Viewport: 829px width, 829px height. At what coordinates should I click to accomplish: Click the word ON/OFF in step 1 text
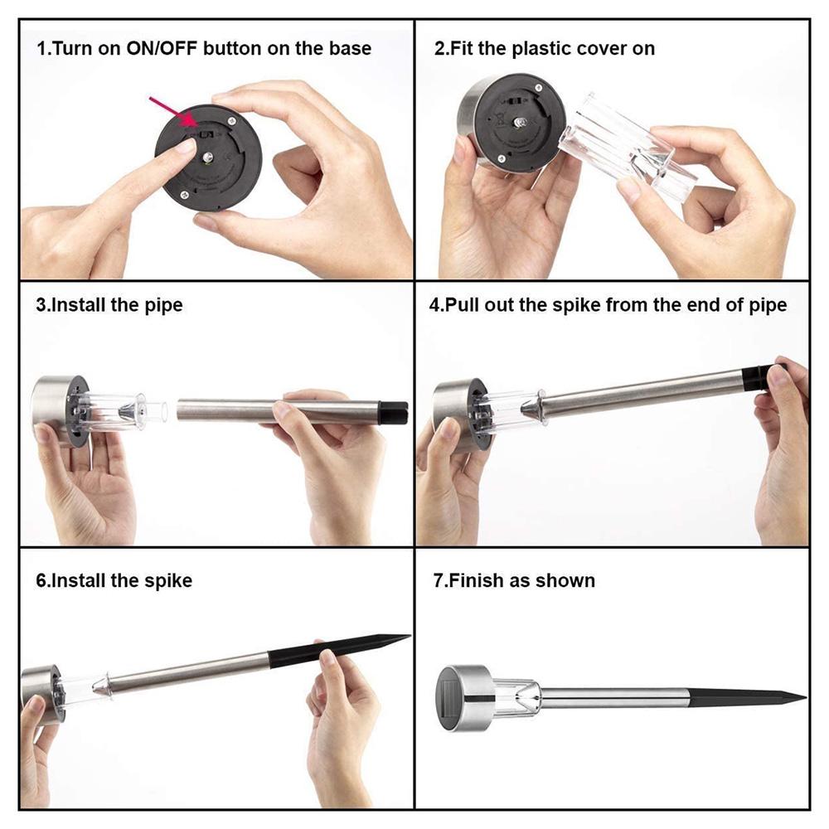point(162,49)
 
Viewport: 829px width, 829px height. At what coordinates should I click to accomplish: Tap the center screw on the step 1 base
point(208,157)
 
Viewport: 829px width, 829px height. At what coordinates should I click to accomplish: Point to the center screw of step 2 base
point(520,122)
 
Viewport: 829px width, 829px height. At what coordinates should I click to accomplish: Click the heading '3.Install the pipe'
point(109,305)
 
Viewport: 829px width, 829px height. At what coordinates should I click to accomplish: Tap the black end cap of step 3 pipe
point(393,412)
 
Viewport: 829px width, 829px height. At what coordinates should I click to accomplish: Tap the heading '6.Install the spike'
point(114,580)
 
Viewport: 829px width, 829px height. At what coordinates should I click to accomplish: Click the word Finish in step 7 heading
point(477,580)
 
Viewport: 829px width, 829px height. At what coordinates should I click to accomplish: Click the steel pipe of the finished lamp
point(614,698)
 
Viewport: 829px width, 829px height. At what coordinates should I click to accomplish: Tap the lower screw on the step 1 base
point(183,194)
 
